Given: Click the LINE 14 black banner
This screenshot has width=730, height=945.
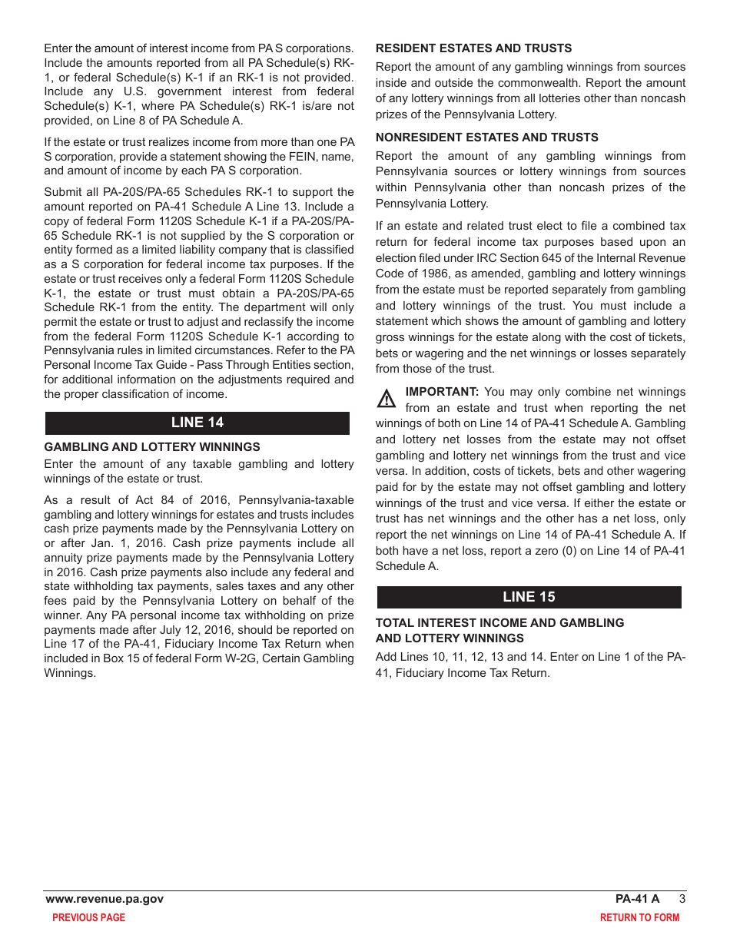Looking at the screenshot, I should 197,423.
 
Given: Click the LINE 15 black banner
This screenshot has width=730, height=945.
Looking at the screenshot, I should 529,597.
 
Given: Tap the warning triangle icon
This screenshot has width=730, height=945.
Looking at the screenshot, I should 387,400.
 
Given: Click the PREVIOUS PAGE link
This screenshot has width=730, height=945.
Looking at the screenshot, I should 88,917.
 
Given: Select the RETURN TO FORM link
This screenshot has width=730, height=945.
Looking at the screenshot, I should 639,917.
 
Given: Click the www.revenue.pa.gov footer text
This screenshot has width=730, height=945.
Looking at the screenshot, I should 105,899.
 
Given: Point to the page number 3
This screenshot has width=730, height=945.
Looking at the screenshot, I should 682,899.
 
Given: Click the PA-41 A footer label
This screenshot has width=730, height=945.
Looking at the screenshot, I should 637,899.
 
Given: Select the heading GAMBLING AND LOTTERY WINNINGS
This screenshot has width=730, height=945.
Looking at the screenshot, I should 152,447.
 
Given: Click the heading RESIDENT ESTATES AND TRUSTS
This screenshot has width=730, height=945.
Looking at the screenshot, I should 473,48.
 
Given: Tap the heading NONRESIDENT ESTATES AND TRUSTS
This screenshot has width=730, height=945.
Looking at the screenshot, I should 486,138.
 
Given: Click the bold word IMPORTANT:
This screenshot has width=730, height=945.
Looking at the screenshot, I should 442,392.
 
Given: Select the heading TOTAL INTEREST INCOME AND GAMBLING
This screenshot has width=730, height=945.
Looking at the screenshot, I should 499,623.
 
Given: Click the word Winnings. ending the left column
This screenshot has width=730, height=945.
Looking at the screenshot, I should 70,673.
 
